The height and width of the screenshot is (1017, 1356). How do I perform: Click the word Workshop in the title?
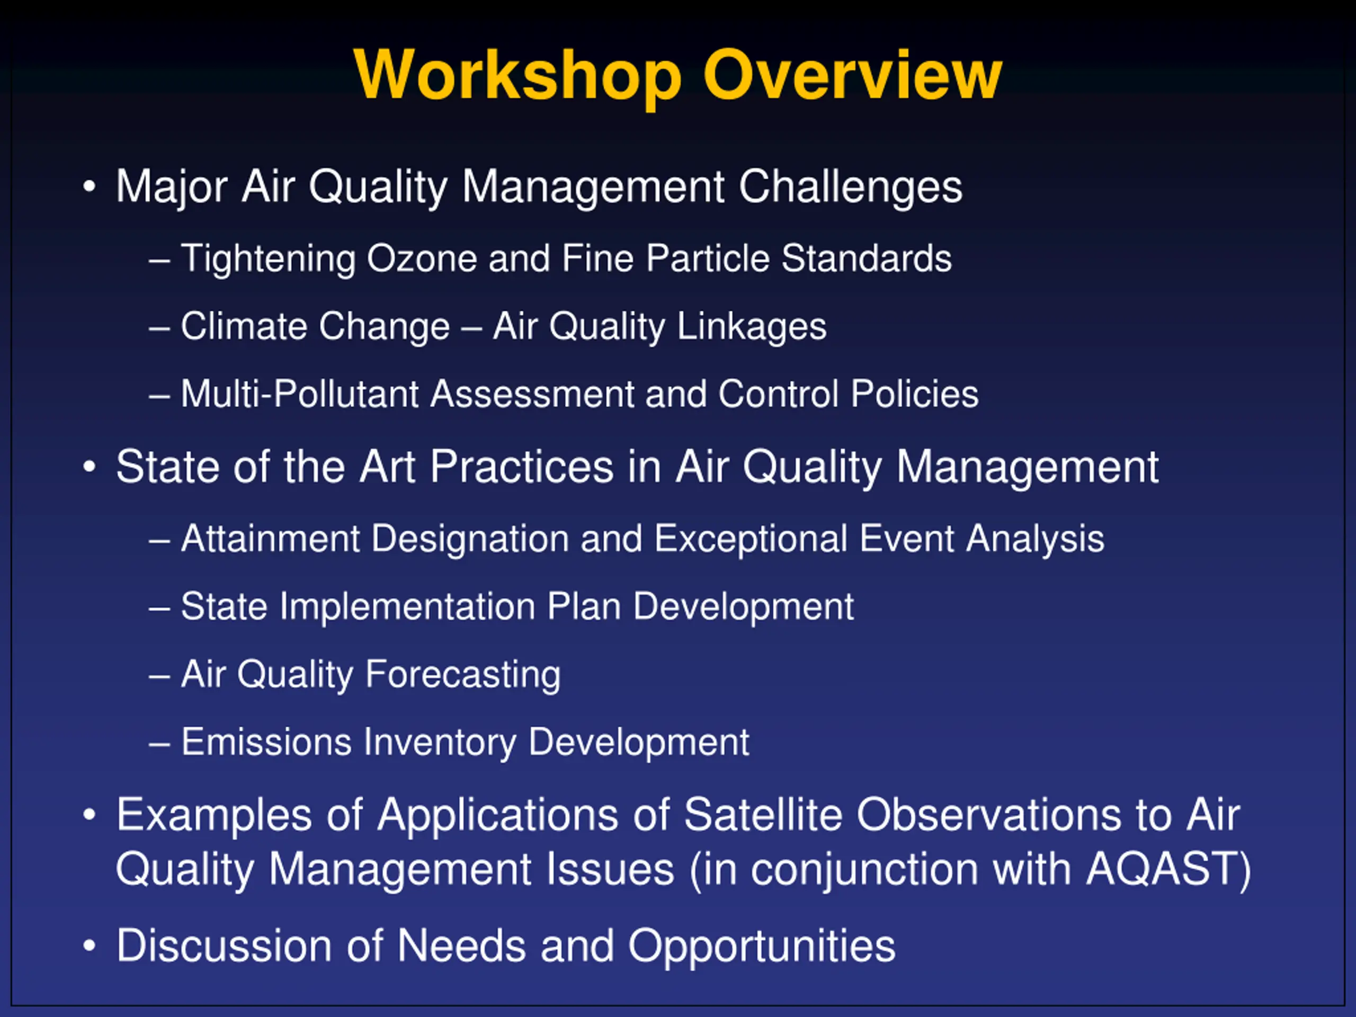(x=518, y=75)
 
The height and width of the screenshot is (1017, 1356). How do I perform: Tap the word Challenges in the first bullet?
(x=850, y=188)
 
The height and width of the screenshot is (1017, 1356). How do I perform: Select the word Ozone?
(x=421, y=258)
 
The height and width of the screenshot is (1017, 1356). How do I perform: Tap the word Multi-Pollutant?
(x=300, y=394)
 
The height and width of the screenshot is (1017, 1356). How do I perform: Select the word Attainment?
(x=270, y=539)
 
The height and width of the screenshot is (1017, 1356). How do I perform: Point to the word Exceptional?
(x=751, y=539)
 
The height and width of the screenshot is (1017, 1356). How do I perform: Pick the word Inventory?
(x=440, y=743)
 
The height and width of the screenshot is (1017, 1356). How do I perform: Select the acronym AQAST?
(x=1161, y=869)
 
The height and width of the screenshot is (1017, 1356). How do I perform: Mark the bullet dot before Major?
(x=90, y=186)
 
